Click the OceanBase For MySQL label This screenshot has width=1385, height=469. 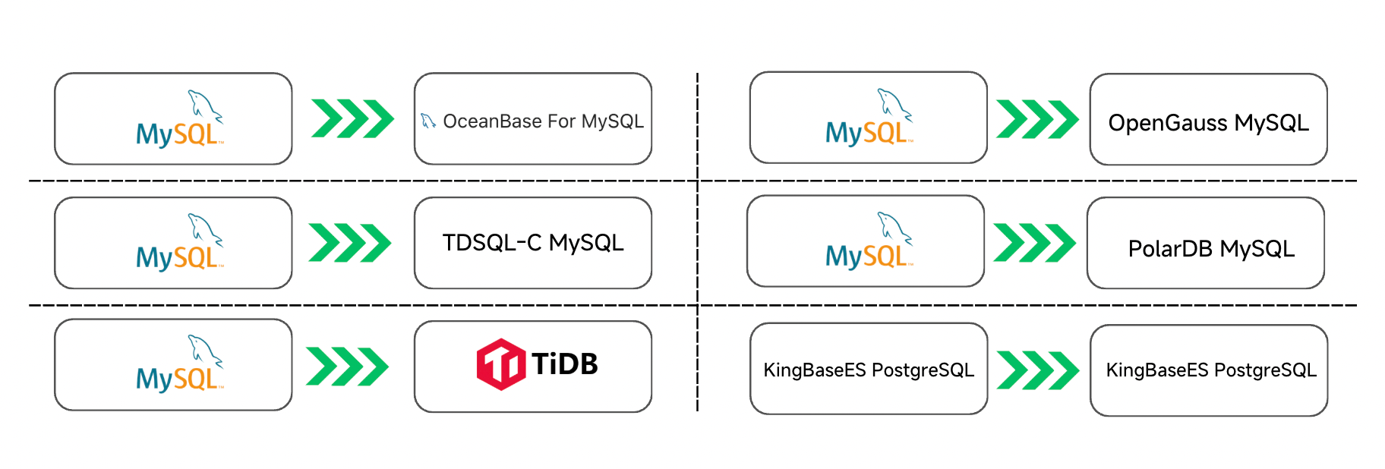543,121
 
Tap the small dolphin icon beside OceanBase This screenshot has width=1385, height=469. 428,121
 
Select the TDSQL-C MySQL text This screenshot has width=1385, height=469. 533,243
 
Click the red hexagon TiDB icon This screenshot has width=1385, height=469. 500,364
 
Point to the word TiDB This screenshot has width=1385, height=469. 564,364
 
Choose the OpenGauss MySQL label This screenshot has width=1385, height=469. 1208,123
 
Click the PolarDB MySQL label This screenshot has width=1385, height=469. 1211,249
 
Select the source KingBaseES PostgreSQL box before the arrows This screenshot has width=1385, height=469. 868,370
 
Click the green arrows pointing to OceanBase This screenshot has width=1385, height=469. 352,118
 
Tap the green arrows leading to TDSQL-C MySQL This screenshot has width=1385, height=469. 350,243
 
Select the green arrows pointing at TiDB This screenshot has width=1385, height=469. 347,367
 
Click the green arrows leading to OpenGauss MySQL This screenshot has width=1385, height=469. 1037,119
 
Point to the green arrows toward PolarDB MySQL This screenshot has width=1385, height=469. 1034,243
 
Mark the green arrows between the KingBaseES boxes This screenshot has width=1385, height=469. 1037,370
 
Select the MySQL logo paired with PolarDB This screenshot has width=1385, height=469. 869,242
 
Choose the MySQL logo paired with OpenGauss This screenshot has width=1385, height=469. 869,118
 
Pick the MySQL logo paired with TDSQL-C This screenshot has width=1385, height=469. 180,244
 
